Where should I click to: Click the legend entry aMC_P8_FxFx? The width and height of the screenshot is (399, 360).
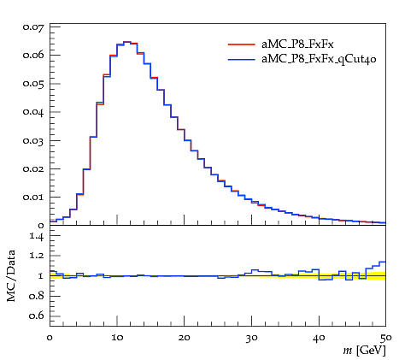click(297, 44)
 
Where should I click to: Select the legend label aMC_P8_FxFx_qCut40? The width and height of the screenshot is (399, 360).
click(319, 59)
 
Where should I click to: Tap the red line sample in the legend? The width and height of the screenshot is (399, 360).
click(241, 44)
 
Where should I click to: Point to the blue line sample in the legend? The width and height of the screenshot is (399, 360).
click(241, 60)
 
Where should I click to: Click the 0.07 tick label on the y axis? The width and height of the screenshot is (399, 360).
click(33, 27)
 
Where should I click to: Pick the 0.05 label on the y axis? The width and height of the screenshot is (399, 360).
click(33, 84)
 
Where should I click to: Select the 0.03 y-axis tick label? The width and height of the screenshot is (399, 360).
click(33, 140)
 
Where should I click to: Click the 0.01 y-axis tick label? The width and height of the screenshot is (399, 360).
click(33, 198)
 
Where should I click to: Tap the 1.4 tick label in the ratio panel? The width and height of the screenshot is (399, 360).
click(37, 236)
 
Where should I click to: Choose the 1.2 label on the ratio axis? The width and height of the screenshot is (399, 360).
click(37, 256)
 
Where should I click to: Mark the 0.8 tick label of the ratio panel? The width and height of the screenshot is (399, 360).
click(37, 296)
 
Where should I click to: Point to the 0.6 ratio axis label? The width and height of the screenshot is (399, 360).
click(37, 316)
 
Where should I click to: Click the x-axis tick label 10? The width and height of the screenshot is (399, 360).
click(117, 338)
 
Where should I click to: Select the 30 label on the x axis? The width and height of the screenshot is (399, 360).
click(251, 338)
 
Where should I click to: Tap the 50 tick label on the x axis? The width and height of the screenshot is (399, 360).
click(385, 338)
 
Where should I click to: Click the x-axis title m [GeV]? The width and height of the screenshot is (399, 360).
click(364, 351)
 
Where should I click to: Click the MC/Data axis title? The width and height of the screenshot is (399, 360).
click(11, 276)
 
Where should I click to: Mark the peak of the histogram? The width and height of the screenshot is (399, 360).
click(126, 42)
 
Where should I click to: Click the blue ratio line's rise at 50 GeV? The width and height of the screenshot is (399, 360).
click(383, 262)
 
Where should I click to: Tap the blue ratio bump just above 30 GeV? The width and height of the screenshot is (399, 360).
click(255, 269)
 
